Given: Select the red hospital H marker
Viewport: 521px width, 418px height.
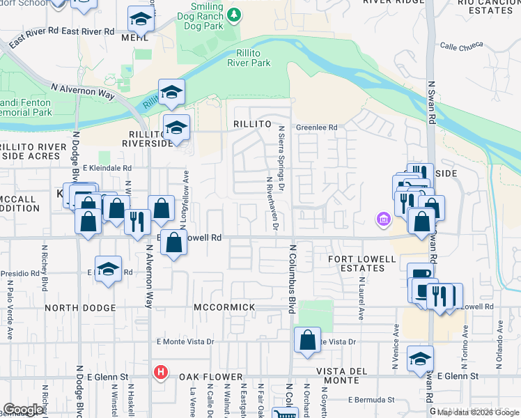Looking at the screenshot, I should click(x=161, y=373).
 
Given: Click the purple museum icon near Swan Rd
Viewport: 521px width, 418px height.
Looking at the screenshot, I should click(x=382, y=221).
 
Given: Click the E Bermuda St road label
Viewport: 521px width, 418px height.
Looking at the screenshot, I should click(x=371, y=401).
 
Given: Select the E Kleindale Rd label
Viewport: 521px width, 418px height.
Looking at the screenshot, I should click(x=107, y=169).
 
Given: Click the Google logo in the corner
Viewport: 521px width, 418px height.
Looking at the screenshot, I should click(x=23, y=410).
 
